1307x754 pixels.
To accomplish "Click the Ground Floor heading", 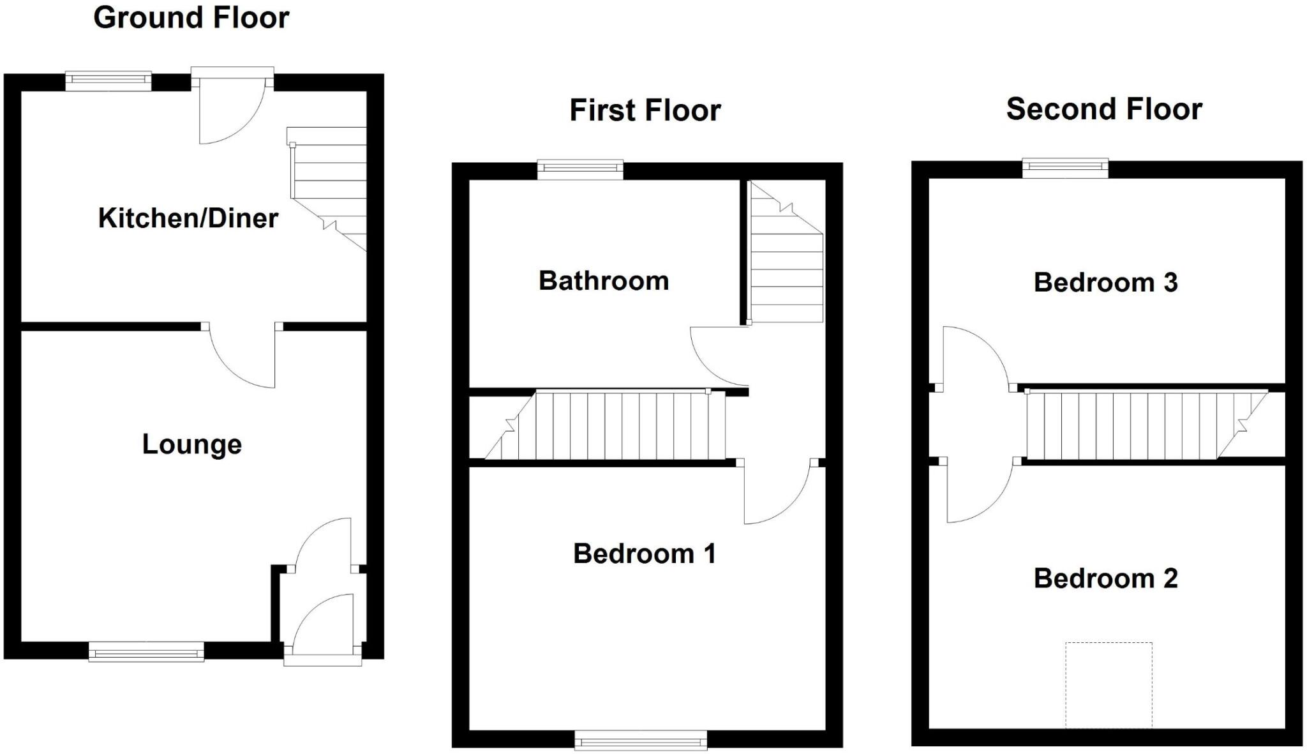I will tap(191, 17).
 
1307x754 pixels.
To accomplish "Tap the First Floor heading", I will tap(645, 110).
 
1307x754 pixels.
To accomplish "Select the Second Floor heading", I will tap(1104, 109).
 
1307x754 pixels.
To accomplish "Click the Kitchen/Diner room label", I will tap(188, 218).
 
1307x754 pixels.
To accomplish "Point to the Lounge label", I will tap(191, 444).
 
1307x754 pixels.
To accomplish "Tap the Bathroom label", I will tap(603, 281).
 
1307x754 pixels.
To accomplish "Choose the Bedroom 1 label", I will tap(644, 554).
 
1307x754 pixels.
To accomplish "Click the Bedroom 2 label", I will tap(1105, 578).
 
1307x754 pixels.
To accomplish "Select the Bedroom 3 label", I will tap(1105, 282).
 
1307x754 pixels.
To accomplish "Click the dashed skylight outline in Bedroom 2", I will tap(1109, 684).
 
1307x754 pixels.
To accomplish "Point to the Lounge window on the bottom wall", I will tap(146, 652).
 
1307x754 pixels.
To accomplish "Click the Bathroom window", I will tap(579, 169).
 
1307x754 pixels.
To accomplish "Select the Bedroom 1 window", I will tap(641, 740).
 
